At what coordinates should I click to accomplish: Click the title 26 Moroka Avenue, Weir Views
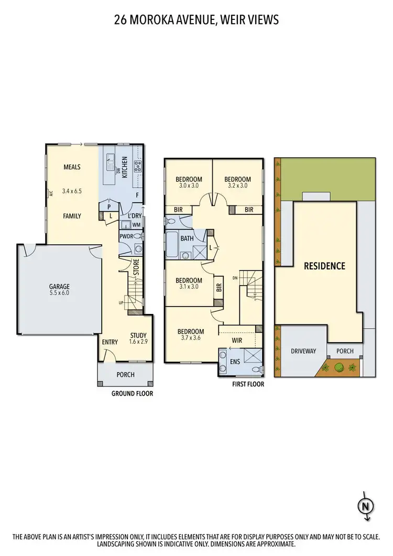196,20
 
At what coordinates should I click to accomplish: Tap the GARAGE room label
59,287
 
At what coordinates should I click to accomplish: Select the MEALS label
72,167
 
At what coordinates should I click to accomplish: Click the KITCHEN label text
125,167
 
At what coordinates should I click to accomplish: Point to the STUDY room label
138,336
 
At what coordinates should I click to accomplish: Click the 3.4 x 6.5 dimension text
72,191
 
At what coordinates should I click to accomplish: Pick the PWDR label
126,236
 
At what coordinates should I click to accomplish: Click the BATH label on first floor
187,238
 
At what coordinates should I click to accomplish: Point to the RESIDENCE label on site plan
325,266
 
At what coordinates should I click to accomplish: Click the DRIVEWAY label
304,351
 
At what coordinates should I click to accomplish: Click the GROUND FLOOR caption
132,394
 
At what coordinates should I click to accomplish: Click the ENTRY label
110,342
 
